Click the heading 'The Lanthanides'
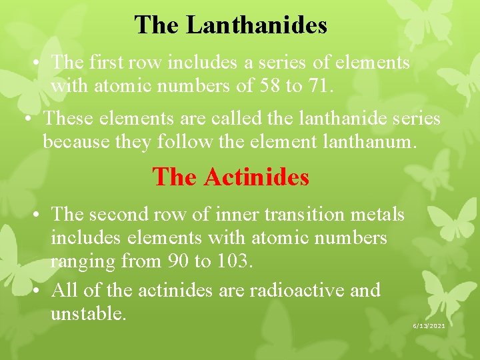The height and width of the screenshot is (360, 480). pyautogui.click(x=231, y=25)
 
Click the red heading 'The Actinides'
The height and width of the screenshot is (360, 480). pyautogui.click(x=231, y=177)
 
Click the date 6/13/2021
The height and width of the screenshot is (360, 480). pyautogui.click(x=429, y=325)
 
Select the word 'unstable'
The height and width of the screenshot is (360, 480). pyautogui.click(x=88, y=313)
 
